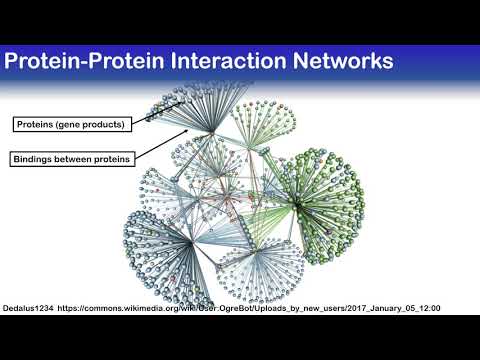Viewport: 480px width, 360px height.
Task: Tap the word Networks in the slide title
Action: tap(335, 61)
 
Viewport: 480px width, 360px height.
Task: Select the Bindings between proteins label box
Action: tap(73, 158)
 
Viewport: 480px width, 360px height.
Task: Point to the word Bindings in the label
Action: tap(37, 158)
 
